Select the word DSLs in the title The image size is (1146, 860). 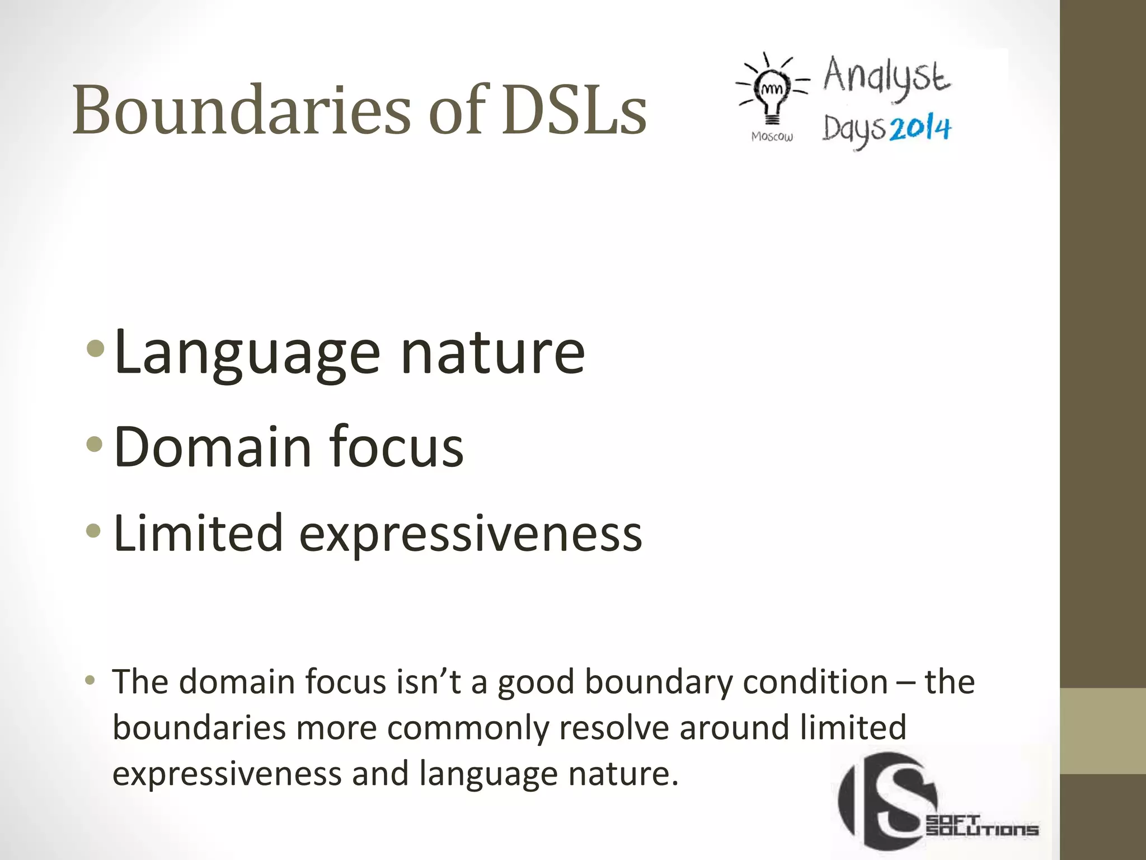coord(574,110)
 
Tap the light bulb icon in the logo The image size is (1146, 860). coord(772,92)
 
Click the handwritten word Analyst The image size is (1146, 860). coord(886,77)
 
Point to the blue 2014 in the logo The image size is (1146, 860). coord(920,129)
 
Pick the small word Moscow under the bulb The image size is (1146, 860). coord(772,137)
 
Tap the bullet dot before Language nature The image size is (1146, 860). coord(96,349)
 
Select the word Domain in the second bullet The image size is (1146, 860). coord(213,446)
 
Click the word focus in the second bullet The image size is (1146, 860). coord(396,446)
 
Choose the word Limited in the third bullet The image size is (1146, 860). coord(198,534)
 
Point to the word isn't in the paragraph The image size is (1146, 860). coord(429,682)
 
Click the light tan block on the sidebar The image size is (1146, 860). coord(1103,731)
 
